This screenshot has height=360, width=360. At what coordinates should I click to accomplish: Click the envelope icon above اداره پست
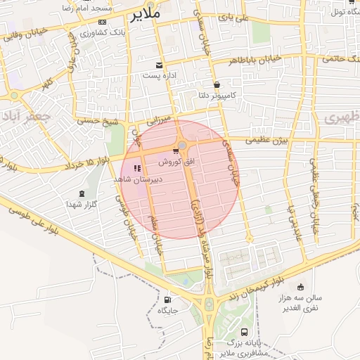coord(162,65)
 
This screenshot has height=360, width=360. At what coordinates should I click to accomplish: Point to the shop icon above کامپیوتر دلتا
coord(216,84)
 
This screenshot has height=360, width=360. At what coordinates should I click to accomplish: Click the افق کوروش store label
coord(172,161)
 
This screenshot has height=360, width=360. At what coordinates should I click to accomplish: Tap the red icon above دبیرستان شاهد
coord(137,168)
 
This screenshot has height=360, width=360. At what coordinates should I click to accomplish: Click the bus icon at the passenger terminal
coord(244,332)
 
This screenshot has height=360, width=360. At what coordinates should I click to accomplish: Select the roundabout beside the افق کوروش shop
coord(183,146)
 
